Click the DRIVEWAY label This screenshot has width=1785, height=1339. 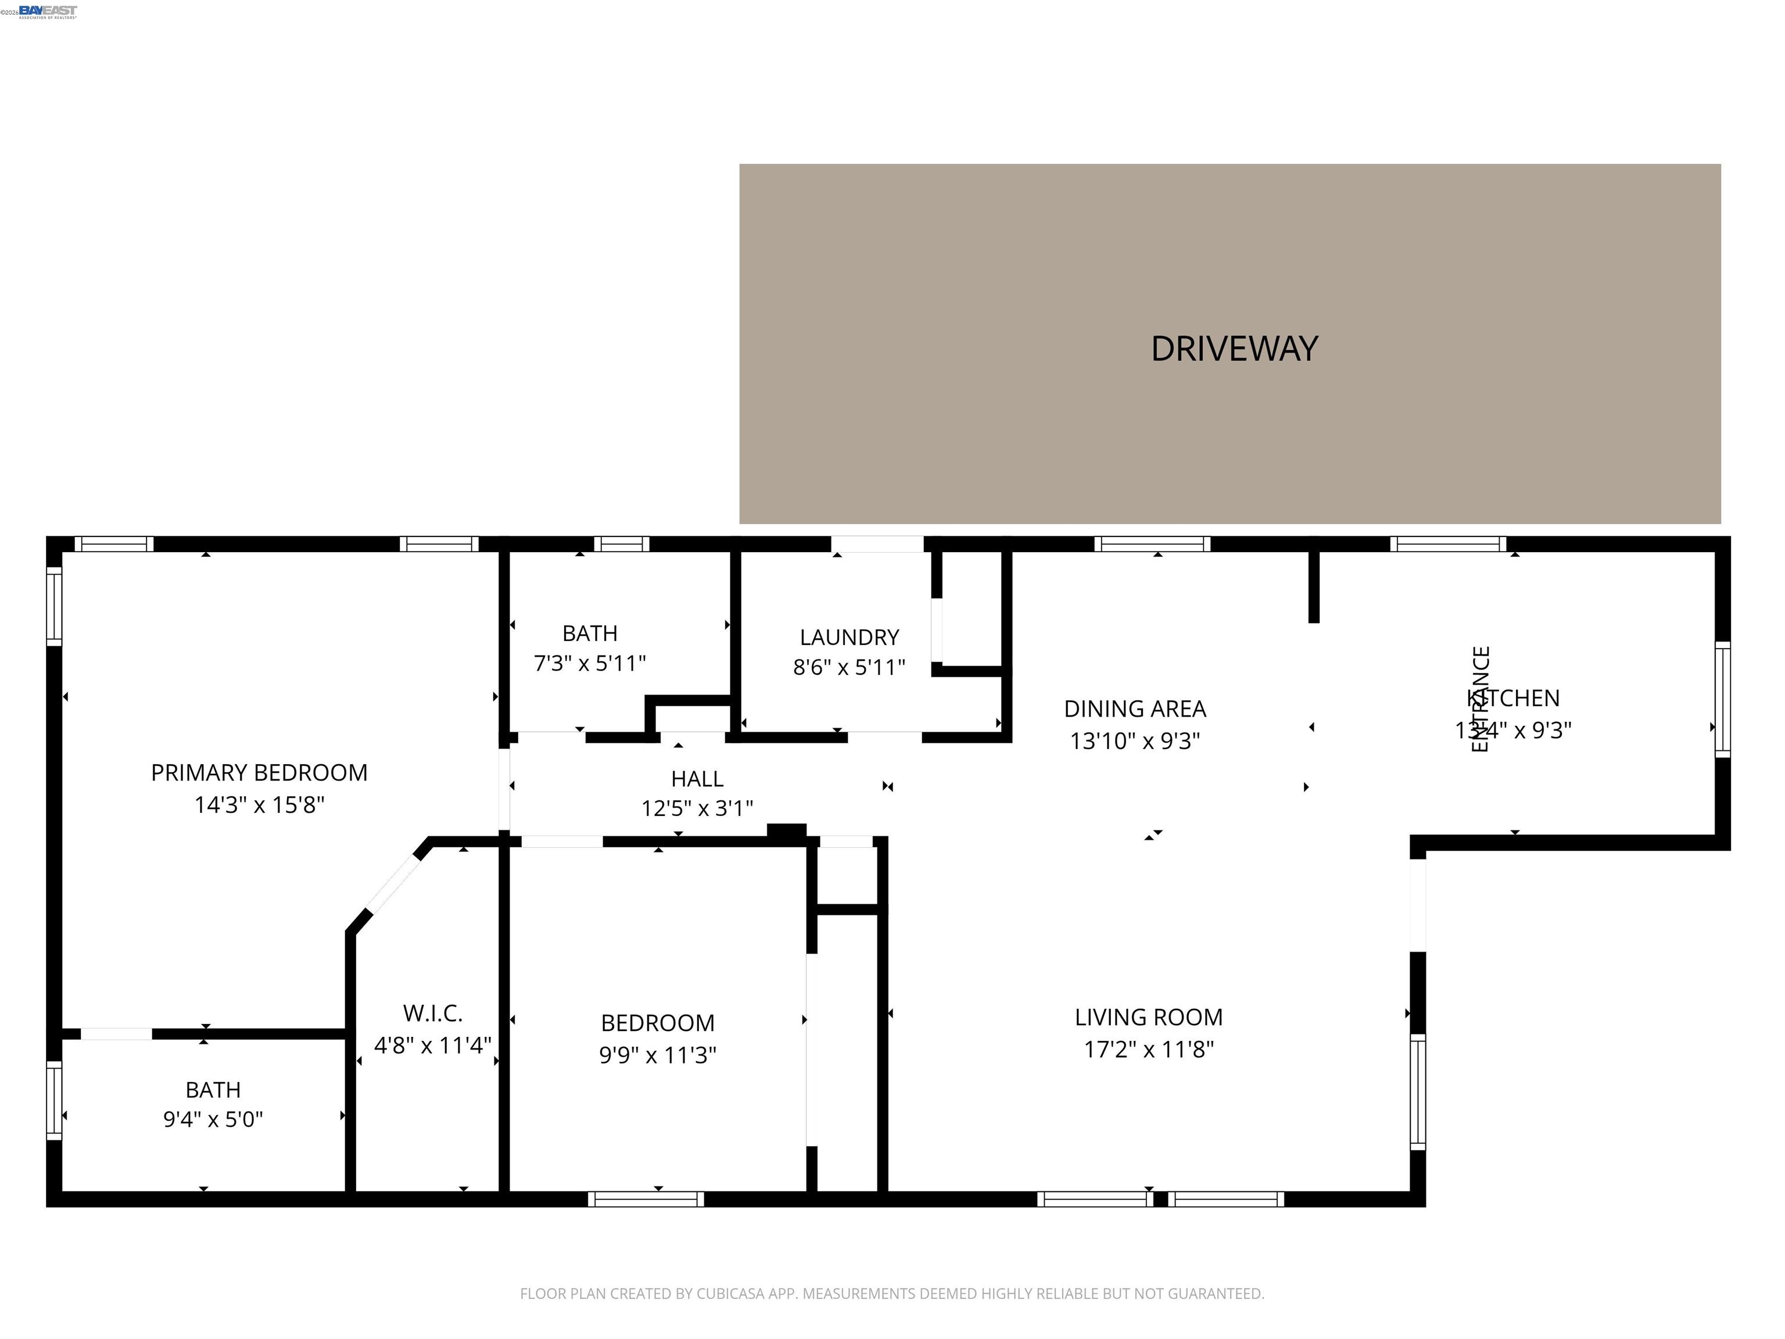click(x=1234, y=349)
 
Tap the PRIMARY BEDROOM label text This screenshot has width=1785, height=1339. click(x=259, y=773)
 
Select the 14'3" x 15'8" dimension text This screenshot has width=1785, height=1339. click(x=259, y=805)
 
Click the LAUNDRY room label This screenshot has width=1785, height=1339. click(x=849, y=638)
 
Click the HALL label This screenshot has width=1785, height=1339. click(x=697, y=779)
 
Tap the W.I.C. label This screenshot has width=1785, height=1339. click(x=432, y=1014)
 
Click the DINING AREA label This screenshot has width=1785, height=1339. click(x=1135, y=708)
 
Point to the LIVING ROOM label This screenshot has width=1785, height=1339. click(x=1148, y=1018)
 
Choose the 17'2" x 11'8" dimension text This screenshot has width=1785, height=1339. click(x=1148, y=1049)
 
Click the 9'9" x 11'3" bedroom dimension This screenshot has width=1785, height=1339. click(x=658, y=1055)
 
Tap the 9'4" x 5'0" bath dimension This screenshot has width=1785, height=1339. click(x=213, y=1119)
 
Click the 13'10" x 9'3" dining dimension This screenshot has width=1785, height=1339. click(x=1135, y=741)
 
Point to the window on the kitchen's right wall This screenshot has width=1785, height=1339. click(x=1722, y=700)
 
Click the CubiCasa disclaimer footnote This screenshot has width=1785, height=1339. click(x=892, y=1294)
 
